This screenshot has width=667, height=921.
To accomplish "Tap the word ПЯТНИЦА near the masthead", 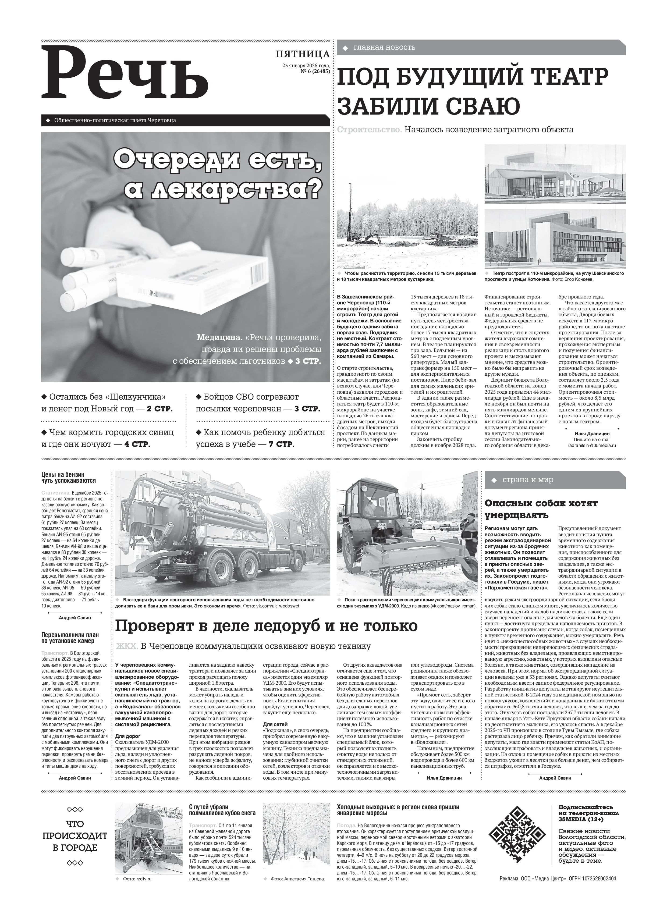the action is [303, 54].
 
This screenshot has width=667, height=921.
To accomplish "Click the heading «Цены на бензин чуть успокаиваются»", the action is [69, 478].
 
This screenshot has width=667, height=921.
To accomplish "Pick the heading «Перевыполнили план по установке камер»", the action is [70, 638].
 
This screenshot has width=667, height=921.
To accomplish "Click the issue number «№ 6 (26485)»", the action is [315, 71].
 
